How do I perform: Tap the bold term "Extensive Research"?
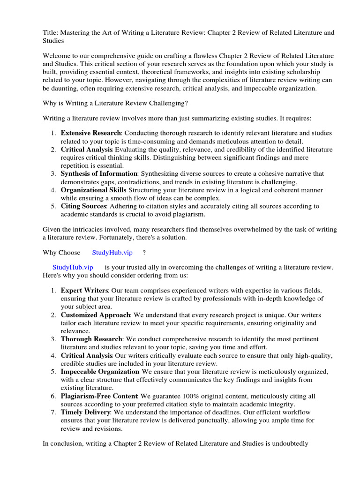click(x=90, y=133)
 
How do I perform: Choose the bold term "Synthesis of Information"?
click(x=99, y=173)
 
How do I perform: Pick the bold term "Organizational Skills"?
click(x=93, y=190)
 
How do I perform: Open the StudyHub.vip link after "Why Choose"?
click(x=112, y=253)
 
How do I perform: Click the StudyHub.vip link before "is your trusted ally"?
click(x=73, y=267)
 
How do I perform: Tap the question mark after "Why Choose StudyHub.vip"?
click(x=144, y=253)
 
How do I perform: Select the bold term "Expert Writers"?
click(x=84, y=291)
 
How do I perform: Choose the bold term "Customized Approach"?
click(x=95, y=315)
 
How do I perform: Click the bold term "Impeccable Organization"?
click(x=100, y=372)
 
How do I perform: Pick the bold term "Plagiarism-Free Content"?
click(x=99, y=396)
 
